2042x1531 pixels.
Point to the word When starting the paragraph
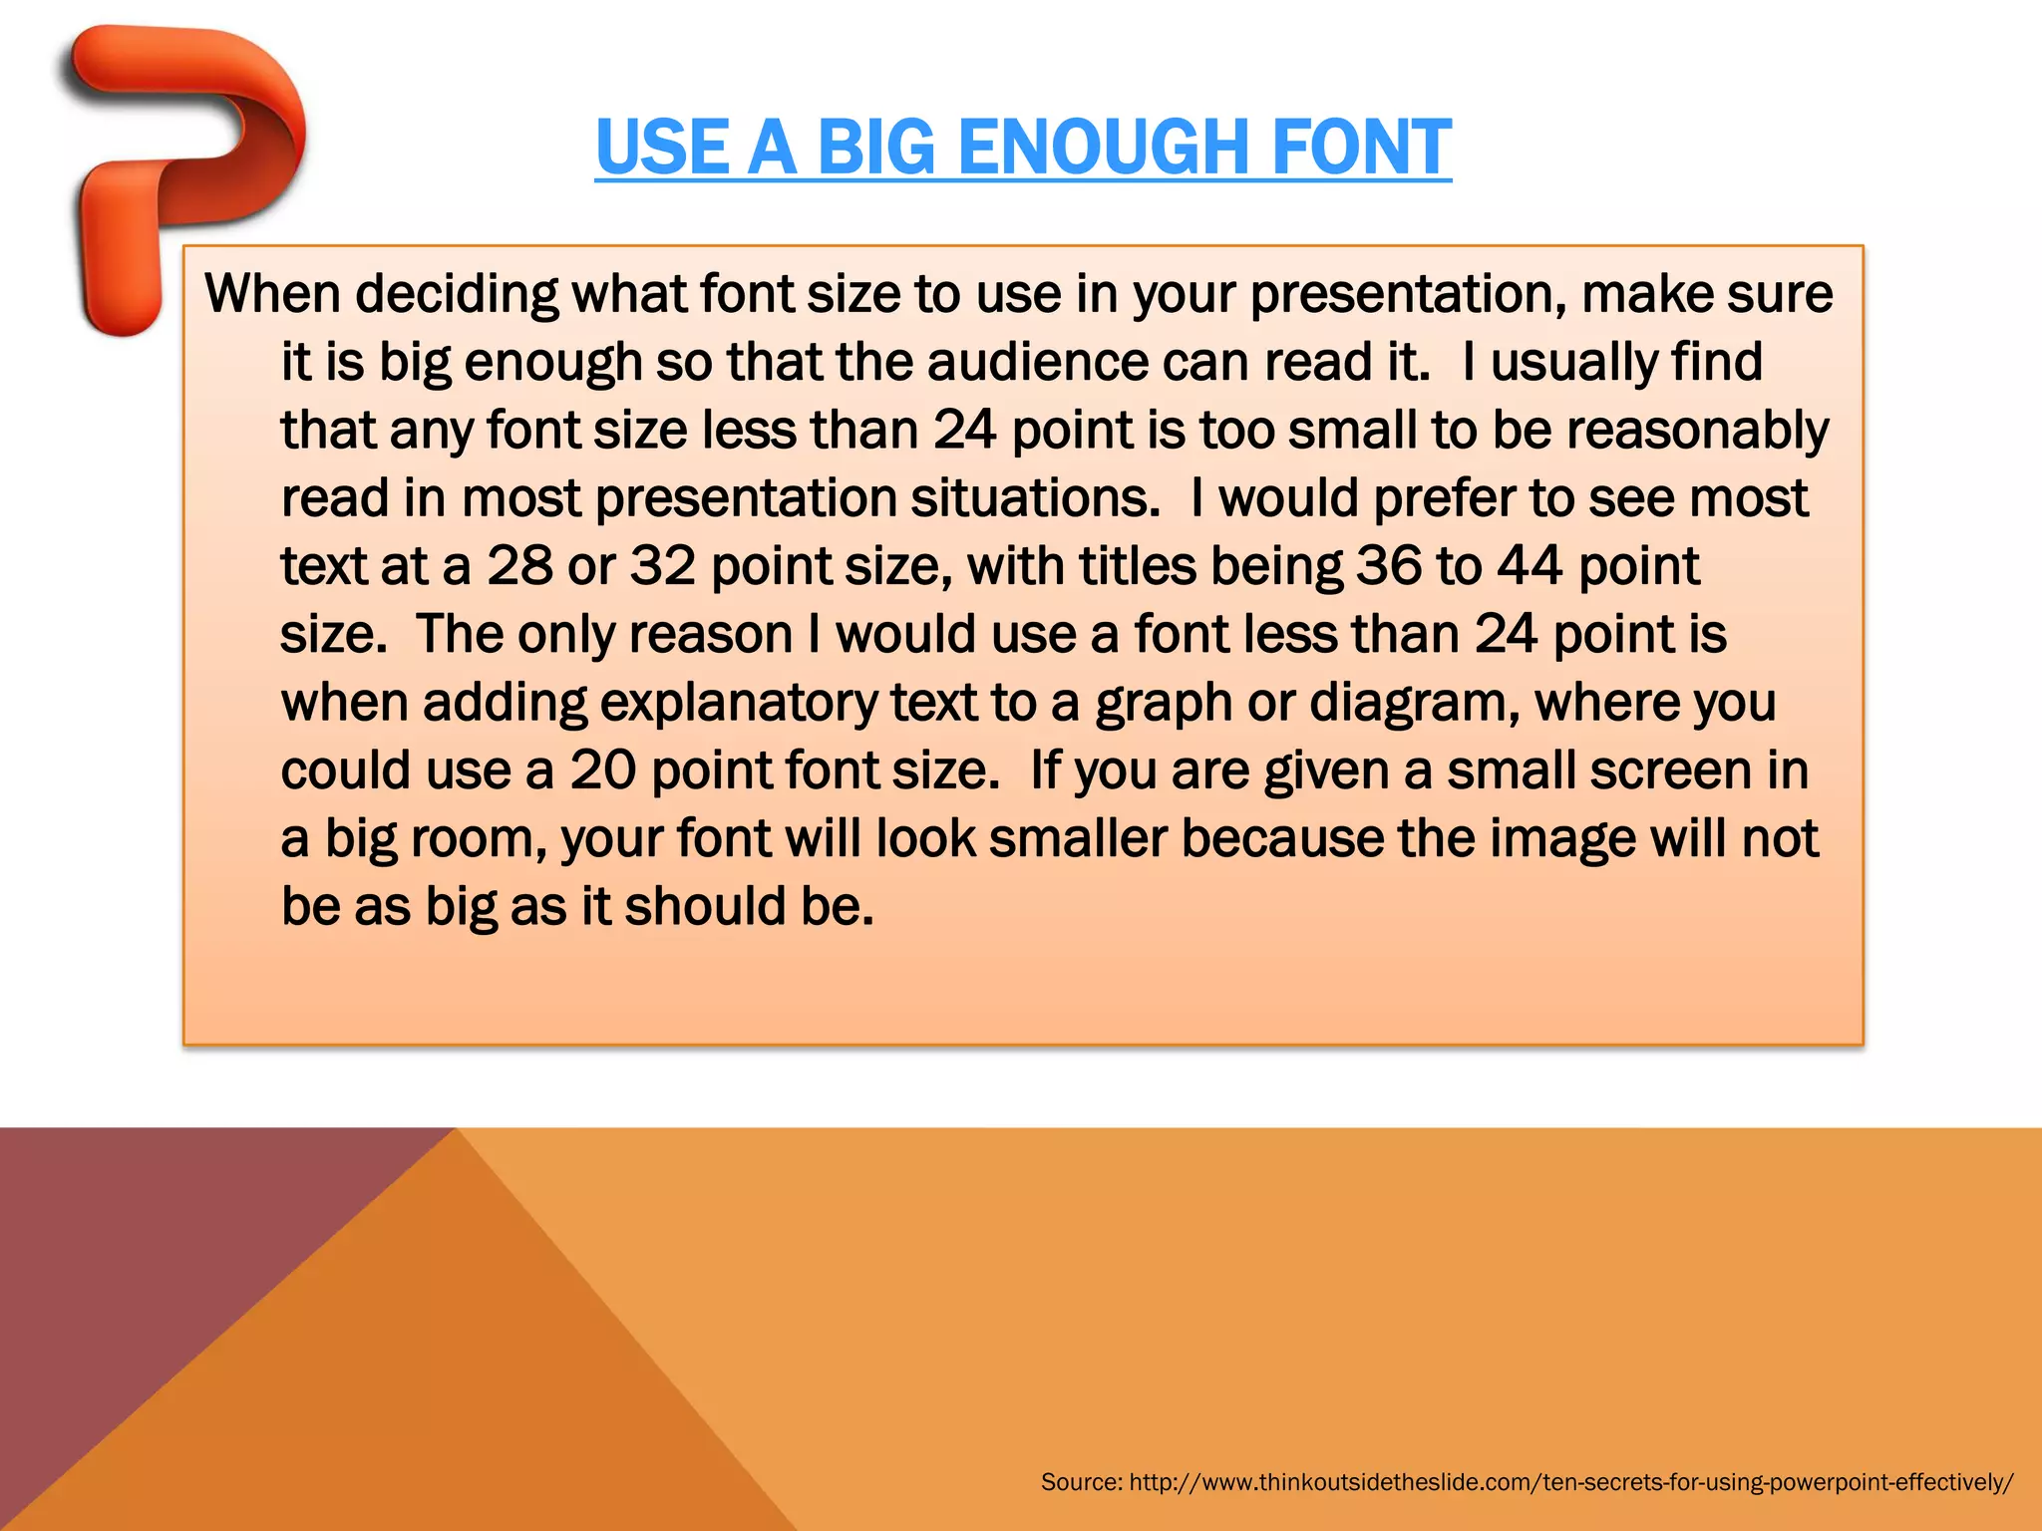[x=272, y=294]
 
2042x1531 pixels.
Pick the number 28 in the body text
[x=519, y=566]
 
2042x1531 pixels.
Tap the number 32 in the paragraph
[x=662, y=566]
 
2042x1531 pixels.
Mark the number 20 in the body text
[x=602, y=770]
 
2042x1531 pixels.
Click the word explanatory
[x=739, y=703]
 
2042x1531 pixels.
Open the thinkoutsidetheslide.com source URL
[x=1571, y=1482]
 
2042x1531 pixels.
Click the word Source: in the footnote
[x=1081, y=1482]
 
